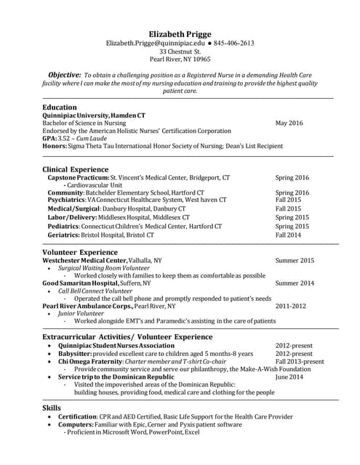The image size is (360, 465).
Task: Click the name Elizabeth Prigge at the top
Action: (180, 33)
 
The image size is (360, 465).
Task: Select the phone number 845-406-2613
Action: (233, 44)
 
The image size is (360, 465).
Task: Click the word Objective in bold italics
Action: (64, 75)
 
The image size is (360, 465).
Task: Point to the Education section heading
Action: (60, 107)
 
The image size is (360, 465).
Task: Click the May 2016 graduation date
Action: (289, 124)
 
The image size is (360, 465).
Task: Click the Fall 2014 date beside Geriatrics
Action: (287, 235)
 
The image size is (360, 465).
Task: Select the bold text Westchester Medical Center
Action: (84, 260)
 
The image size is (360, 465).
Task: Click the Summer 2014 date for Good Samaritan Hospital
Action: (295, 283)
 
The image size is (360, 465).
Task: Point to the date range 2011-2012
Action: (290, 306)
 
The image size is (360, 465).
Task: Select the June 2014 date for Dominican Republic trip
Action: (289, 377)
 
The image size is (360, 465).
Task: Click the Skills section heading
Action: (52, 408)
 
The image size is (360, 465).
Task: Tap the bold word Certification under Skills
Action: (77, 417)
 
